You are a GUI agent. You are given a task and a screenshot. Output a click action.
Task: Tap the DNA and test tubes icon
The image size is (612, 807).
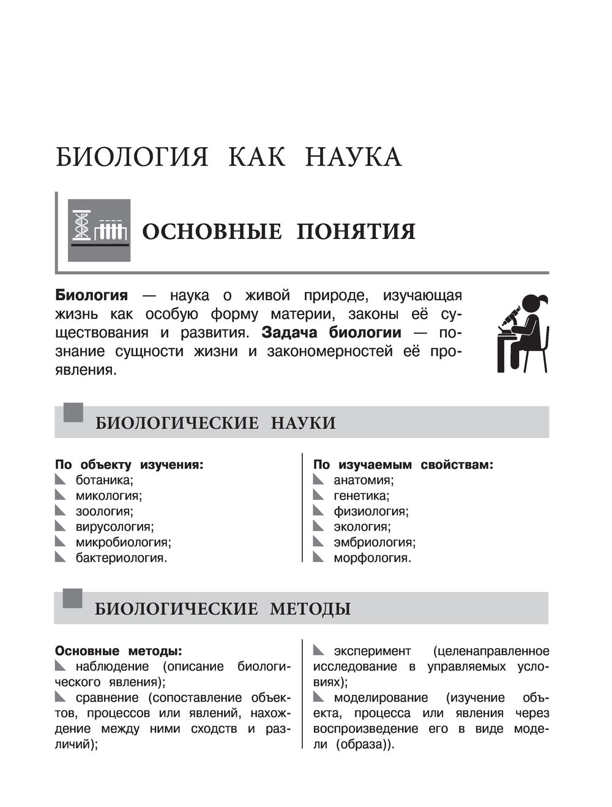(x=99, y=230)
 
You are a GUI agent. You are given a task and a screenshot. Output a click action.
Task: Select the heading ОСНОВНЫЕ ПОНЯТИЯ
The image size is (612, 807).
(x=278, y=232)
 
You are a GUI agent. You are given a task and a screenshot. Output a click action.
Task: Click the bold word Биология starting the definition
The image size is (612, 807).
(x=92, y=295)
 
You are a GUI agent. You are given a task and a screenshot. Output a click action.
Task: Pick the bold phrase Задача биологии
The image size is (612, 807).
(x=331, y=333)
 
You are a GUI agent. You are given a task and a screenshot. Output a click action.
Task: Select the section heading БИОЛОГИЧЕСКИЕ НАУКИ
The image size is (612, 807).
(x=215, y=423)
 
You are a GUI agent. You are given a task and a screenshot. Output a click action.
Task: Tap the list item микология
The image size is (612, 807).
(x=108, y=496)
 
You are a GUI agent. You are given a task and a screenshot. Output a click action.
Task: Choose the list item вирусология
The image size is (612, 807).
(x=114, y=526)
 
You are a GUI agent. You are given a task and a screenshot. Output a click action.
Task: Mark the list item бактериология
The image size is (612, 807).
(x=121, y=558)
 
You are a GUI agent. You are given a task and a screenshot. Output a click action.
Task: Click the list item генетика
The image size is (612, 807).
(x=361, y=496)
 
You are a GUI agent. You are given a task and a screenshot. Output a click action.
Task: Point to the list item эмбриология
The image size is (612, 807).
(x=374, y=542)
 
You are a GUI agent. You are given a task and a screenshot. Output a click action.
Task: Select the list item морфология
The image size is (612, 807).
(x=372, y=558)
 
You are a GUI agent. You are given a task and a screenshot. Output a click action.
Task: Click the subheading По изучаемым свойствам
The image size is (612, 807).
(x=403, y=464)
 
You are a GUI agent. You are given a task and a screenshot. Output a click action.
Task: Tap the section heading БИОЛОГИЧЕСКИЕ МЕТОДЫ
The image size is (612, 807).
(x=223, y=609)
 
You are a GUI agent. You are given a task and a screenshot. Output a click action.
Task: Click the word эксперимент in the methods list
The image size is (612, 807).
(x=372, y=651)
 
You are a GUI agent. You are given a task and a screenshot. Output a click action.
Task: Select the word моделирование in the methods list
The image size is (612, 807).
(x=381, y=697)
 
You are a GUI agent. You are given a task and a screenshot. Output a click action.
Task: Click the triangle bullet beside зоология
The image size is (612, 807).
(x=60, y=510)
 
